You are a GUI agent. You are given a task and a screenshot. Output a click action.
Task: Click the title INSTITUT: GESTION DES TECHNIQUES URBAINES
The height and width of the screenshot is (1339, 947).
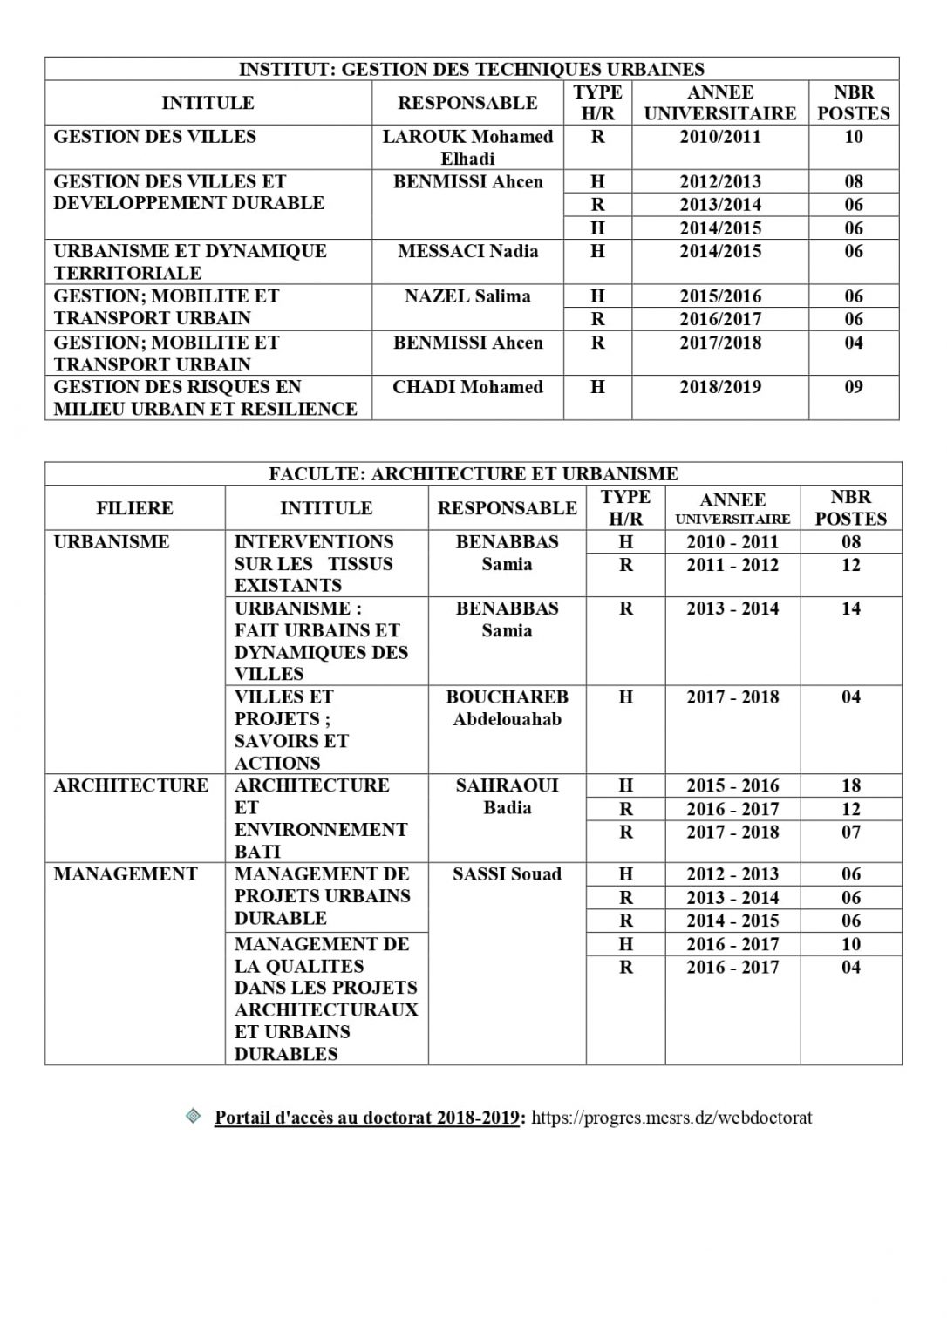[x=472, y=70]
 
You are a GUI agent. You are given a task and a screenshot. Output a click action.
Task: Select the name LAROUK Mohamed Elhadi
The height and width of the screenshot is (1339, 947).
[x=467, y=147]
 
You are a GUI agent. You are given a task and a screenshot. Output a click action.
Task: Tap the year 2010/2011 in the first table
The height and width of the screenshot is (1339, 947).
[x=720, y=137]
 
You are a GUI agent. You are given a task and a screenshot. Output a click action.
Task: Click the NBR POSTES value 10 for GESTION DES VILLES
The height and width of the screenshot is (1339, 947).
[x=854, y=137]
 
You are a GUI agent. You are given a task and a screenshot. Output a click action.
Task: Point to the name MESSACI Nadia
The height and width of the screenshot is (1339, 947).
[x=467, y=252]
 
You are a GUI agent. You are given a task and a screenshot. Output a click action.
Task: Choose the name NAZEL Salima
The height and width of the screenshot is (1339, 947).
[x=467, y=296]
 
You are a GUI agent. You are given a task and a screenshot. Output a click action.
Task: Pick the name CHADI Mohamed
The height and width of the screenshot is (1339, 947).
[x=467, y=387]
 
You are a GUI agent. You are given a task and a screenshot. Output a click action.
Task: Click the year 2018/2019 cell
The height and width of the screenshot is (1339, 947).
[x=720, y=387]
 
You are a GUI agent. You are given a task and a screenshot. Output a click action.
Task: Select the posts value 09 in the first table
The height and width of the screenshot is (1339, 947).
[x=854, y=387]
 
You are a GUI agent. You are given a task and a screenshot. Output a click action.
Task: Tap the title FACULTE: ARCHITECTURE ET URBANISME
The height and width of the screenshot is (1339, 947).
[x=473, y=474]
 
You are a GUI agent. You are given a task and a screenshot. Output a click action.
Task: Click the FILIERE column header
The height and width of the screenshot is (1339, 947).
[x=134, y=508]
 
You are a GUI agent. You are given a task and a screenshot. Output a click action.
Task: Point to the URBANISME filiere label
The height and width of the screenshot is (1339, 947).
[x=111, y=542]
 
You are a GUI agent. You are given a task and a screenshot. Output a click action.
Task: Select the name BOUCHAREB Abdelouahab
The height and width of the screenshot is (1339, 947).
[x=507, y=708]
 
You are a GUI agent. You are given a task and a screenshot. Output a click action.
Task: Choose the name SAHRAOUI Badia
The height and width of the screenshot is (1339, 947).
[x=507, y=796]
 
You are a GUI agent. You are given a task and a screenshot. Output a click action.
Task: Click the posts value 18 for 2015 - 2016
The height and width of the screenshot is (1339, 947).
[x=851, y=785]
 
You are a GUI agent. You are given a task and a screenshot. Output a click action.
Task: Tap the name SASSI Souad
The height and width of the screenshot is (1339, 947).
[x=507, y=874]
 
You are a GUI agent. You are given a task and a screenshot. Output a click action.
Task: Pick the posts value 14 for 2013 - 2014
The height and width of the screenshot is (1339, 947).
[x=851, y=608]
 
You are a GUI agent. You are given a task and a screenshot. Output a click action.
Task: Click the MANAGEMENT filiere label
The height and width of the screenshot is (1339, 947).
[x=126, y=874]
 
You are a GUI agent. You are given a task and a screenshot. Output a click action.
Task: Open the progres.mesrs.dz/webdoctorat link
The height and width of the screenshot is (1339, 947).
[x=671, y=1118]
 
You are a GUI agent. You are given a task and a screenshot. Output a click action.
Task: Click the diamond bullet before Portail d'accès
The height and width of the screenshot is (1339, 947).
[x=194, y=1116]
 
